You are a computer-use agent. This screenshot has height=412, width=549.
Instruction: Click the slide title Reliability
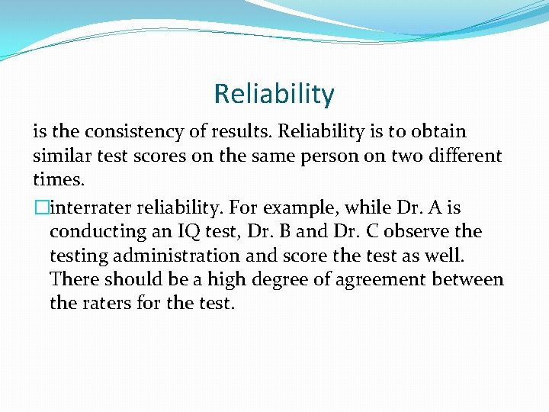click(274, 94)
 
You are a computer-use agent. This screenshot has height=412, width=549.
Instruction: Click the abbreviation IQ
click(183, 231)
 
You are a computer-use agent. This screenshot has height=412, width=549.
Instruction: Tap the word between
click(467, 279)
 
